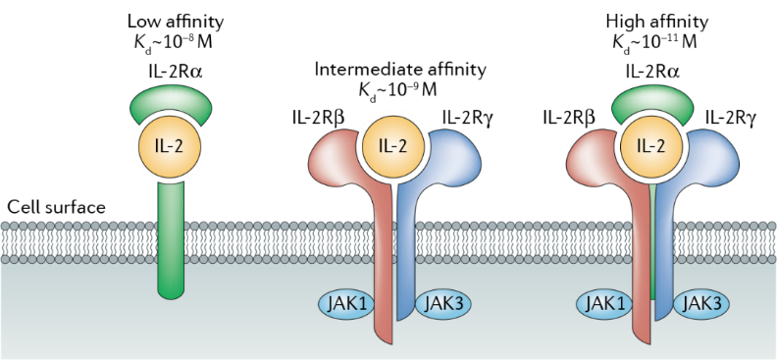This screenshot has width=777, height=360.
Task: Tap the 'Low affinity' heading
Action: [176, 23]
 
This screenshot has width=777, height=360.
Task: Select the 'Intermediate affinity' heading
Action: [400, 70]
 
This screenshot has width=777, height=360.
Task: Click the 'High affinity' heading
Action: [657, 23]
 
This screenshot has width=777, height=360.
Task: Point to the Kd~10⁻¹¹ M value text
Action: [654, 42]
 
